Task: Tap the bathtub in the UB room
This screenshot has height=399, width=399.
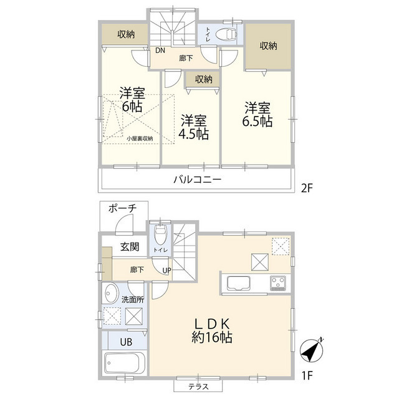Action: tap(125, 363)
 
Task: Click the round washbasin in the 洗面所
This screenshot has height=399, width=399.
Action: tap(112, 294)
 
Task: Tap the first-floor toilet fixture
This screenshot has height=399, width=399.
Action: tap(160, 234)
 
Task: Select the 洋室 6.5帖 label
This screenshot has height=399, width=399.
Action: tap(257, 113)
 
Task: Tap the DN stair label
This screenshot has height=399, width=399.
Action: tap(160, 51)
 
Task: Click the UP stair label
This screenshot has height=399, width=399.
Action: tap(166, 270)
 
